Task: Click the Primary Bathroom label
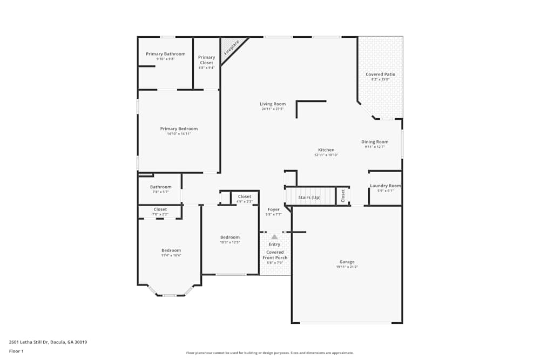click(165, 54)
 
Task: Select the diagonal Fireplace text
click(232, 47)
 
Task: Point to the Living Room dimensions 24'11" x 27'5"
click(273, 109)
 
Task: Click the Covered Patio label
click(380, 74)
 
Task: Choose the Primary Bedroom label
click(179, 128)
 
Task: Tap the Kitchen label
click(326, 150)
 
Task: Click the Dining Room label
click(375, 142)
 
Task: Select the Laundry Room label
click(386, 186)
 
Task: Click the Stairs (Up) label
click(310, 198)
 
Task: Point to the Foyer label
click(274, 209)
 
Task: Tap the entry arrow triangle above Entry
click(274, 236)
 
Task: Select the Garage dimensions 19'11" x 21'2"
click(347, 267)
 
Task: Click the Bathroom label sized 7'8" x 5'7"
click(160, 187)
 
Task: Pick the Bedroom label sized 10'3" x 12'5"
click(230, 237)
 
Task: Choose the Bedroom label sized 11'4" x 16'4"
click(171, 250)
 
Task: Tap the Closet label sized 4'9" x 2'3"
click(245, 196)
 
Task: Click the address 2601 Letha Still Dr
click(48, 342)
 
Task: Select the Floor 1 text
click(16, 351)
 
